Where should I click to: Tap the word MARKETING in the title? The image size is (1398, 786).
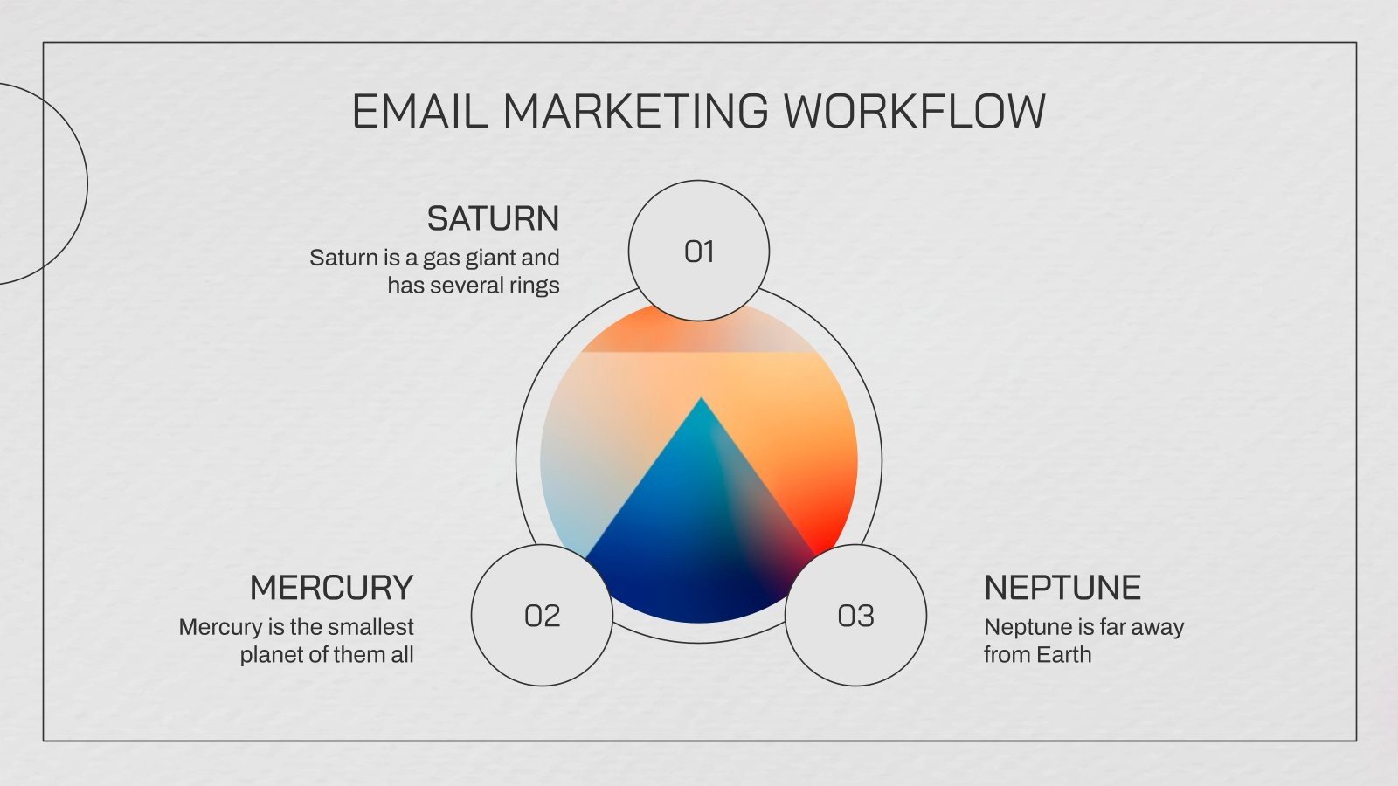(635, 112)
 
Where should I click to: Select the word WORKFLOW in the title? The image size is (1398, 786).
(913, 112)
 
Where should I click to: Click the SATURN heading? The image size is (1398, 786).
(493, 218)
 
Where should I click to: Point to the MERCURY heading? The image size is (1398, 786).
(331, 588)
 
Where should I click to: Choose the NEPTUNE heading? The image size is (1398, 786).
(1062, 588)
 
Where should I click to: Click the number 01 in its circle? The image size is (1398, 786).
(699, 252)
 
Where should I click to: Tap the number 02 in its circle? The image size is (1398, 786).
(542, 616)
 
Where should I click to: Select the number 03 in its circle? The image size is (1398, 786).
(855, 616)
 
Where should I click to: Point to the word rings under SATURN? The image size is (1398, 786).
(535, 286)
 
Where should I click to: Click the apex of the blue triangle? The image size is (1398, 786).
(701, 400)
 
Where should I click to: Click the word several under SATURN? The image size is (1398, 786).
(465, 286)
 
